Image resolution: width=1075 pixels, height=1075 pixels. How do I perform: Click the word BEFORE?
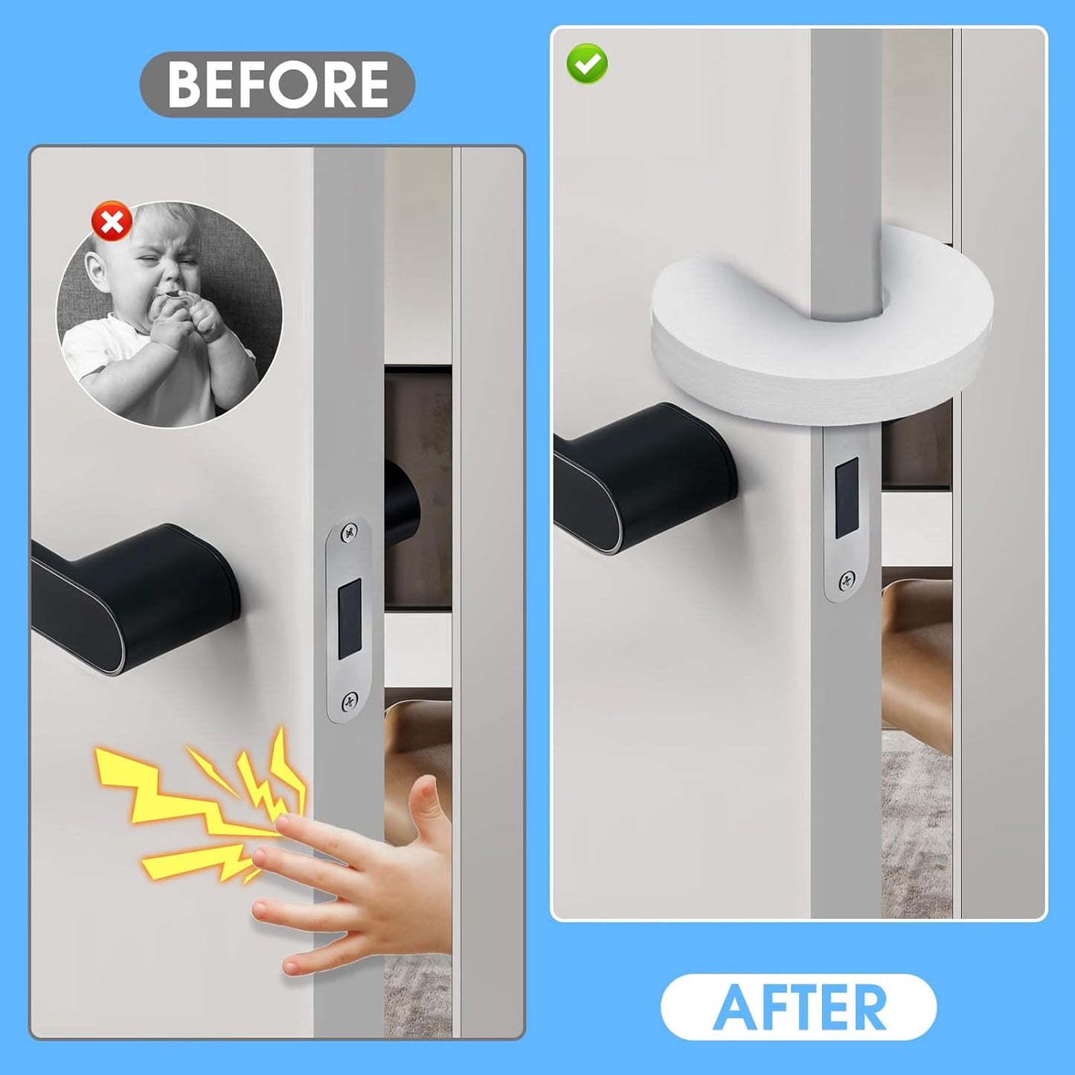pos(277,84)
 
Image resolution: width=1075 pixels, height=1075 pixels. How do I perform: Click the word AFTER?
pos(799,1007)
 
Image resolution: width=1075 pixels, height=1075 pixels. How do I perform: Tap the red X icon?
pos(112,222)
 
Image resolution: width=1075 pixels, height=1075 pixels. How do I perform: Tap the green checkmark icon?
pos(587,64)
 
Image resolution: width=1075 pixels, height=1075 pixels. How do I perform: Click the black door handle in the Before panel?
pos(134,595)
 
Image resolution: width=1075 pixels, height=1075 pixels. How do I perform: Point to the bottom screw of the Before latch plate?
pos(349,700)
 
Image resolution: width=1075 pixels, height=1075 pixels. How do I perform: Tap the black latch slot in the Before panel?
pos(349,619)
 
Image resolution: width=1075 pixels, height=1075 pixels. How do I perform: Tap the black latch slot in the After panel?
pos(846,497)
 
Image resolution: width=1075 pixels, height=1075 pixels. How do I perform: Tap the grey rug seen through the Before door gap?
pos(417,997)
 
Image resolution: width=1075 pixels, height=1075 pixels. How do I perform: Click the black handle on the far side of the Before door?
pos(402,506)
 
